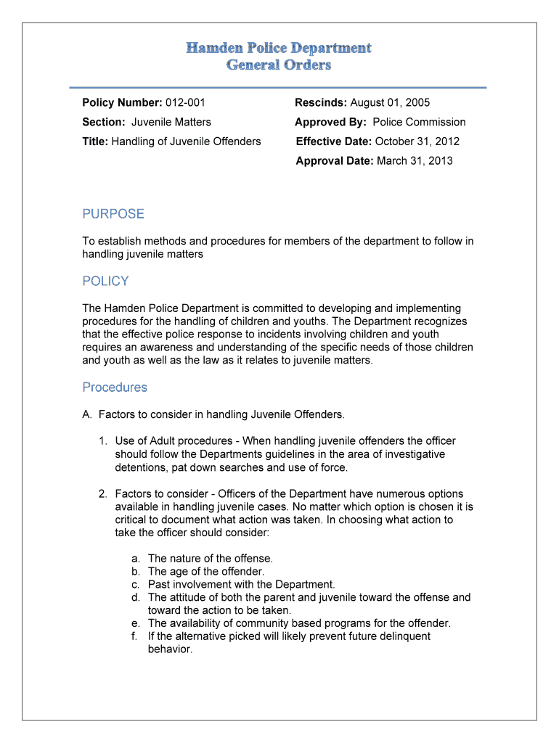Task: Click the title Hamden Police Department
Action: coord(279,48)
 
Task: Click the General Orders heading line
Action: coord(279,65)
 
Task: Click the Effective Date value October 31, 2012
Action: coord(417,141)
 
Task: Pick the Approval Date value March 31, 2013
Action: coord(414,160)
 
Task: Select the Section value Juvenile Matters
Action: coord(171,122)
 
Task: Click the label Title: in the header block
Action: coord(95,141)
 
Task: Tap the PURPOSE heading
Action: coord(113,214)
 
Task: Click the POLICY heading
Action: coord(105,282)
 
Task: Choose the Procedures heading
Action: coord(115,387)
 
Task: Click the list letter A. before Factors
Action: coord(87,415)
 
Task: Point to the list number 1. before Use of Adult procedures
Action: coord(103,441)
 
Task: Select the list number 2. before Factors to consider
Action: coord(103,494)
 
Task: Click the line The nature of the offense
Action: coord(211,559)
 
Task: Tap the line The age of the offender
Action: coord(206,571)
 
